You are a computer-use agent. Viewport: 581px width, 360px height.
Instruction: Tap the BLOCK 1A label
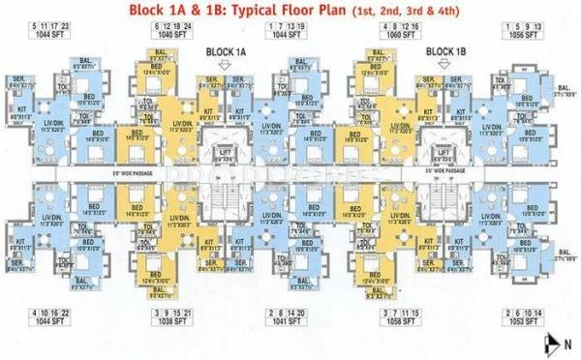pos(225,49)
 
